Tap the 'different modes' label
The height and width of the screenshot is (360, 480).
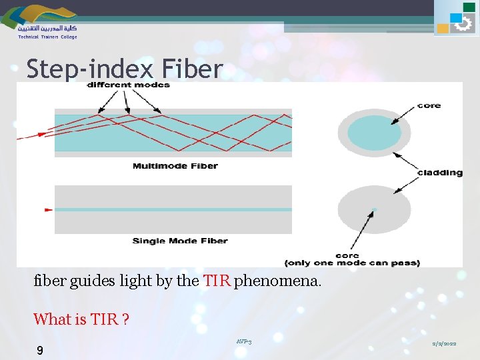(129, 85)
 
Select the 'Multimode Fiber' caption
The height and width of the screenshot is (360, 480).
(175, 166)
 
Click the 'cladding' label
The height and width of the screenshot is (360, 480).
(439, 173)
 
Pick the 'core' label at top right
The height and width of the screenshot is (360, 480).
(429, 105)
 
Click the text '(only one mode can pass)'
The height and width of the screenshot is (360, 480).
(352, 263)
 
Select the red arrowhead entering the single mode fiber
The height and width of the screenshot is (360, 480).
(48, 209)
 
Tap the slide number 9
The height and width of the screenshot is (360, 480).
(40, 350)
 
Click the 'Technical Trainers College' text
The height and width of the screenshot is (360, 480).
(47, 37)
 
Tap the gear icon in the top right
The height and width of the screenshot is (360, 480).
(462, 24)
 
